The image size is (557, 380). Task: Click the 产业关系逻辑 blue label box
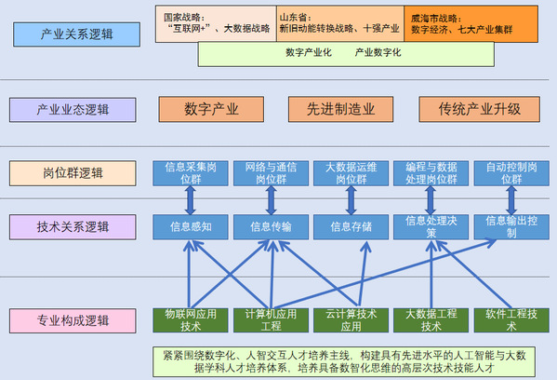(x=77, y=34)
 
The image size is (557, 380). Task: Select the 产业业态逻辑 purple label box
(x=73, y=110)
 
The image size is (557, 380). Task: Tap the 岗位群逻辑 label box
(x=73, y=173)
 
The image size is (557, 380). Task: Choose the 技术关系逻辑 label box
(x=73, y=227)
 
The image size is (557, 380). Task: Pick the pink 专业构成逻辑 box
(x=73, y=321)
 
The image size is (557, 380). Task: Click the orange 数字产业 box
(x=211, y=109)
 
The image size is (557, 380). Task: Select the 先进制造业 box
(x=340, y=109)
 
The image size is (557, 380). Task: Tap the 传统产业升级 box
(x=480, y=109)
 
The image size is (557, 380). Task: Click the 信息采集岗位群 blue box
(x=191, y=173)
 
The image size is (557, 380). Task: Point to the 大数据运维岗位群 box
(x=351, y=173)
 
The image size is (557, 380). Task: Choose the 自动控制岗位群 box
(x=511, y=173)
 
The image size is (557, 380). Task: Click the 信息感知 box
(x=191, y=227)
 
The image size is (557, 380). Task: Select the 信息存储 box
(x=351, y=227)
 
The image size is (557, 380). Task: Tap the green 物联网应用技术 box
(x=191, y=320)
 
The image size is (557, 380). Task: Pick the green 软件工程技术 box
(x=511, y=320)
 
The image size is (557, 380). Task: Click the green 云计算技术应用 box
(x=351, y=320)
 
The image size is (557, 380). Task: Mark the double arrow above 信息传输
(x=271, y=200)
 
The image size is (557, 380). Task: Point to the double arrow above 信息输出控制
(x=511, y=200)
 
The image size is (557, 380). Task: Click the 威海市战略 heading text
(x=436, y=19)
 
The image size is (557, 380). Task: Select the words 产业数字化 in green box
(x=378, y=53)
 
